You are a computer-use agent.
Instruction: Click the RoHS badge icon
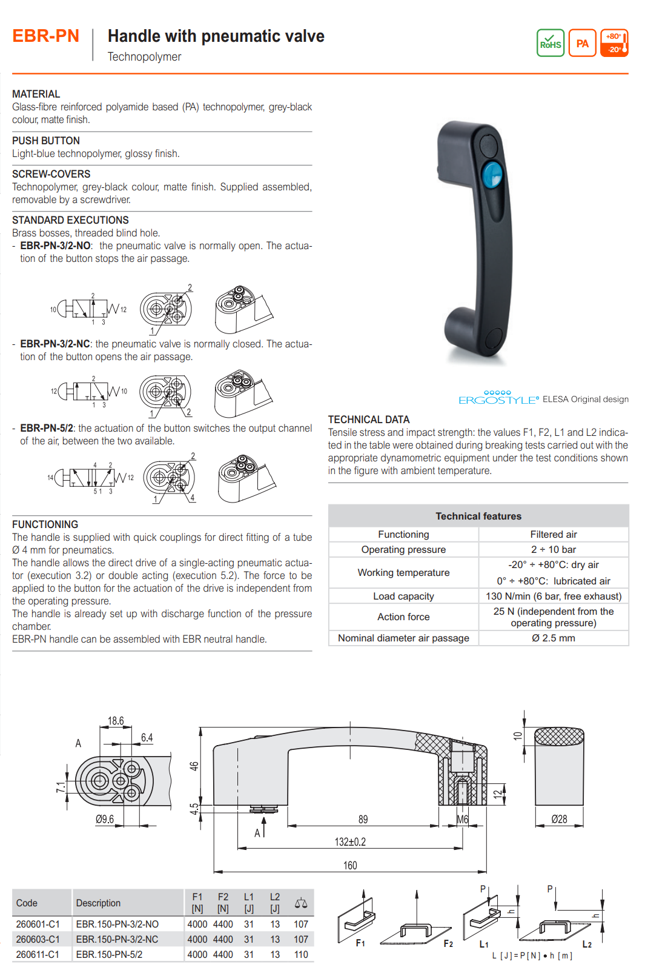[551, 43]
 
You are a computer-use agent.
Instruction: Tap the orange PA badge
[582, 43]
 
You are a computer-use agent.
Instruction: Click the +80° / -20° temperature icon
[614, 43]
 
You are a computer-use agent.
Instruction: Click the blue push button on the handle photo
[492, 175]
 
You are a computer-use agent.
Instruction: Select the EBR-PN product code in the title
[46, 36]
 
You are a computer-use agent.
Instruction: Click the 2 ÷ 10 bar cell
[554, 549]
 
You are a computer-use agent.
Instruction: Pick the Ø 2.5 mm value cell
[554, 638]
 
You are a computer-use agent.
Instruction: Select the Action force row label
[403, 617]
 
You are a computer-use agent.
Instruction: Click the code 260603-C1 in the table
[38, 939]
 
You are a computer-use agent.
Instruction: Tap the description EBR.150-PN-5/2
[109, 954]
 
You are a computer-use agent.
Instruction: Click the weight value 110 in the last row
[301, 954]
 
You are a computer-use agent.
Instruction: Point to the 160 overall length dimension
[350, 865]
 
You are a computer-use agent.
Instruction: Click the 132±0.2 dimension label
[350, 841]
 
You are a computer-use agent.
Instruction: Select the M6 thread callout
[462, 819]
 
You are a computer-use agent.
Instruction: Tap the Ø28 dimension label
[559, 819]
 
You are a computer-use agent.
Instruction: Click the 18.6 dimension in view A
[116, 721]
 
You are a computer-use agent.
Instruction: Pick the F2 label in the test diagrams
[448, 943]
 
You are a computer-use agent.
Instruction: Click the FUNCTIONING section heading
[45, 524]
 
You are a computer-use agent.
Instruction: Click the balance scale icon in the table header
[301, 903]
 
